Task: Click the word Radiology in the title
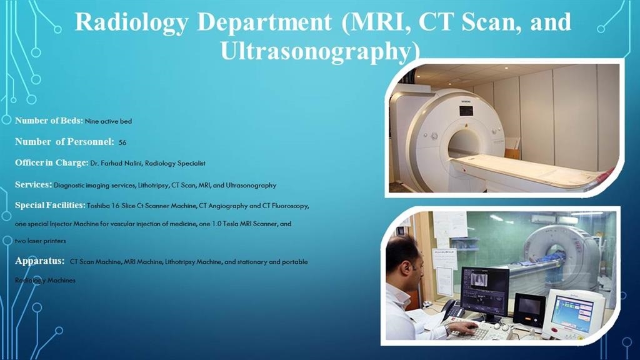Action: [x=131, y=22]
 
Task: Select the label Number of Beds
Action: [x=49, y=121]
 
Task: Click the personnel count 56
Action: [x=122, y=142]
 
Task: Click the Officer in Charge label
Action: [x=52, y=163]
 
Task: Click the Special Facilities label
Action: [x=50, y=205]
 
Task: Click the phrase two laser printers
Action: [x=41, y=241]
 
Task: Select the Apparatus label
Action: [x=39, y=261]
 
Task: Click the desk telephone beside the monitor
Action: [x=453, y=310]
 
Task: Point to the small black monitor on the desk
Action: [x=529, y=310]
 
